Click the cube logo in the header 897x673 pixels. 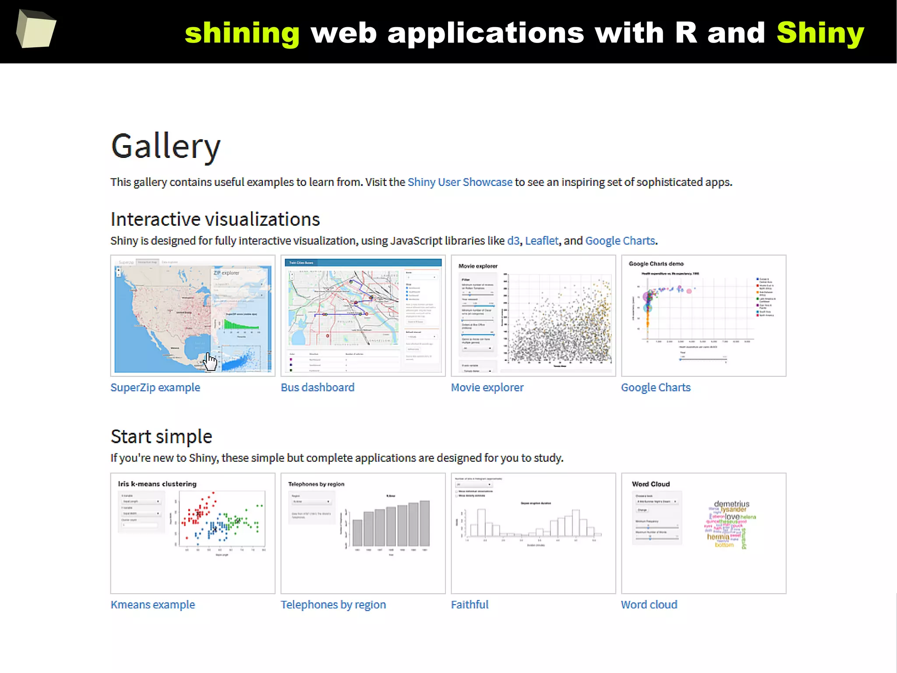click(36, 29)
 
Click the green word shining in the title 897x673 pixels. click(242, 33)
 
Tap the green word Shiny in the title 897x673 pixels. click(820, 33)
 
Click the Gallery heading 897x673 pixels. click(166, 146)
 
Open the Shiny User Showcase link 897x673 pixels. click(459, 182)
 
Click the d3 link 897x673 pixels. click(513, 241)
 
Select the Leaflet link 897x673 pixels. click(541, 241)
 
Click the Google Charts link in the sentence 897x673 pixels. click(620, 241)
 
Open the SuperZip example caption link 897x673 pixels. click(155, 388)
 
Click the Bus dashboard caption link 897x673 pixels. click(318, 388)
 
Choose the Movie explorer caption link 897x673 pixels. click(487, 388)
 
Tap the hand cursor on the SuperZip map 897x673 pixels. click(210, 362)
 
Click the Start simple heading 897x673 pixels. click(161, 437)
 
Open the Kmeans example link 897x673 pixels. click(152, 605)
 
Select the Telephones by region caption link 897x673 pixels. click(333, 605)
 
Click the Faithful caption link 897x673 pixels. click(470, 605)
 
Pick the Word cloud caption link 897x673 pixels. click(649, 605)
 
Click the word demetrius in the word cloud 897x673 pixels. click(731, 504)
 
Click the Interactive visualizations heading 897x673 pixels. click(215, 219)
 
